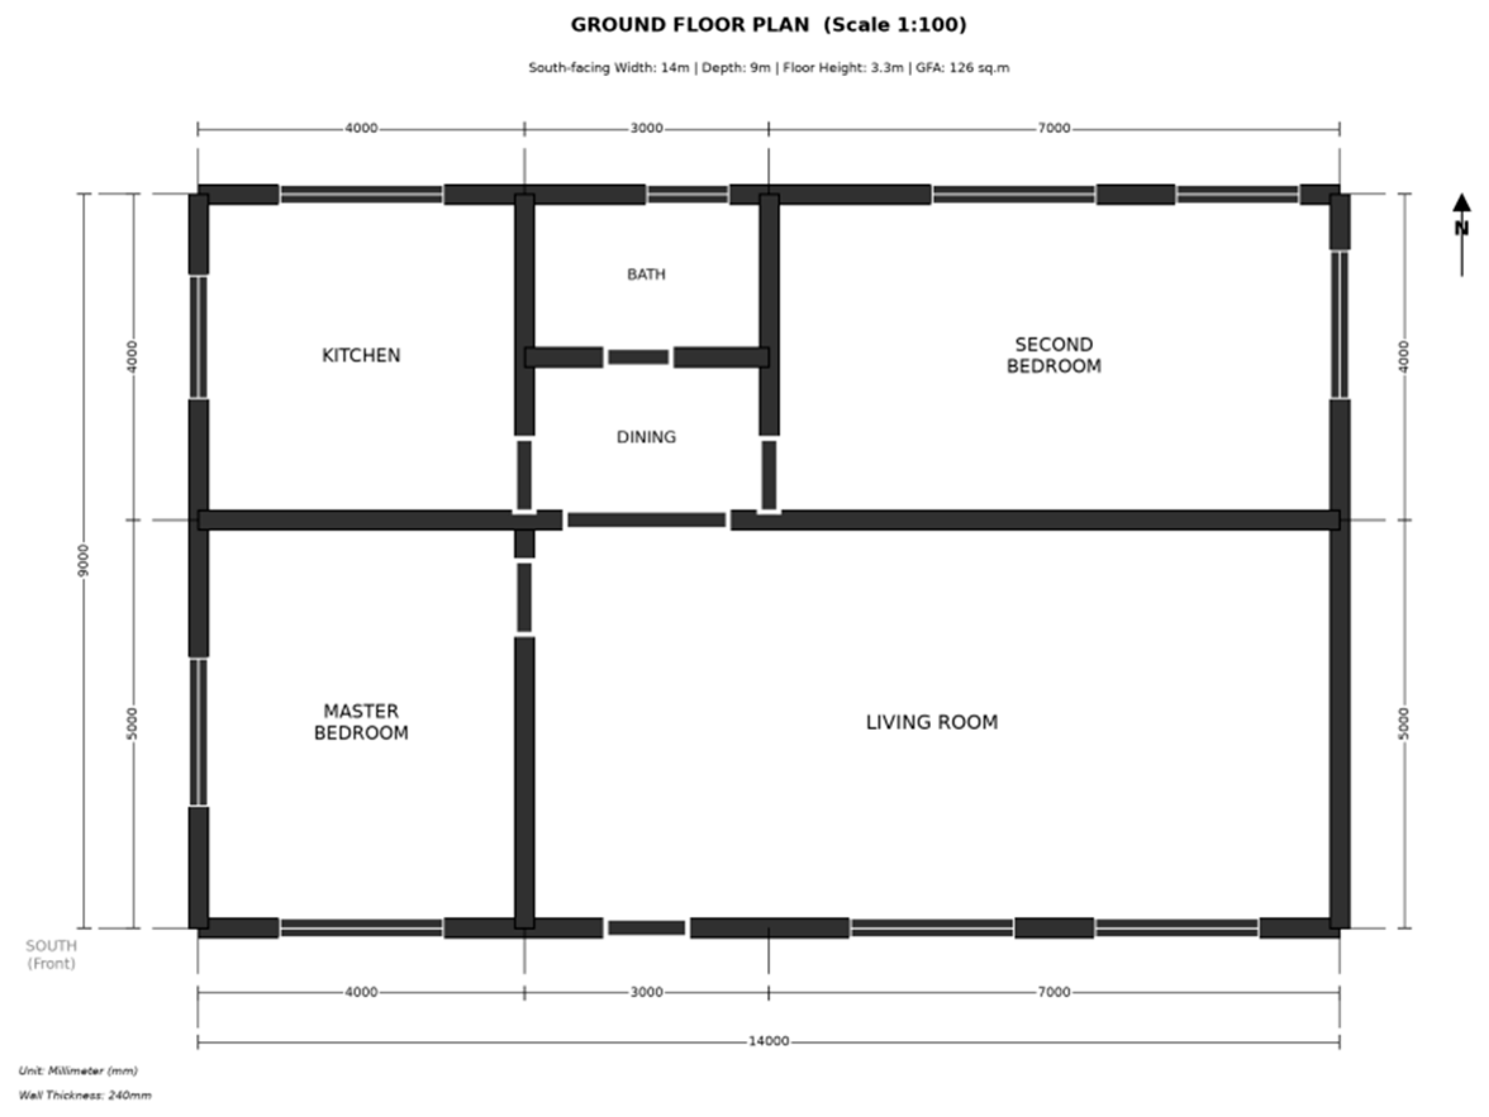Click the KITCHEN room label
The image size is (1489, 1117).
[x=361, y=355]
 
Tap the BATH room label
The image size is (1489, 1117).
[x=646, y=275]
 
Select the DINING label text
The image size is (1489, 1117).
[x=646, y=438]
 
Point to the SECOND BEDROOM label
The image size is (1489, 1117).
[x=1054, y=355]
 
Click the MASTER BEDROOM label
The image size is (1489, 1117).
[x=361, y=722]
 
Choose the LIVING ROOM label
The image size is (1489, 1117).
[x=931, y=723]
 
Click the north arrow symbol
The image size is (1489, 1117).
[x=1461, y=234]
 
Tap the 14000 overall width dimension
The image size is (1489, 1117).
[x=769, y=1042]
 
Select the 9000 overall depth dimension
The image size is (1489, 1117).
[x=84, y=560]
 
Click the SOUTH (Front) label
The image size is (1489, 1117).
[x=51, y=955]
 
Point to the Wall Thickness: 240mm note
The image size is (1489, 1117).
[x=85, y=1095]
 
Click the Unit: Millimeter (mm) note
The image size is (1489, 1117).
[x=78, y=1071]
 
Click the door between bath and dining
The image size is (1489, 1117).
[x=638, y=357]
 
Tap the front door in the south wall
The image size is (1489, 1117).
[x=646, y=928]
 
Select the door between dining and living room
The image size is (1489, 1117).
[x=646, y=519]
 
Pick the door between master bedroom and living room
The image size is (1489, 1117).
[x=525, y=598]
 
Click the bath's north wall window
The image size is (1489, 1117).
[x=687, y=194]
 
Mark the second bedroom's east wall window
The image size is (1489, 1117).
[x=1340, y=324]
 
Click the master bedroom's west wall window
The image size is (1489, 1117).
[x=198, y=732]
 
